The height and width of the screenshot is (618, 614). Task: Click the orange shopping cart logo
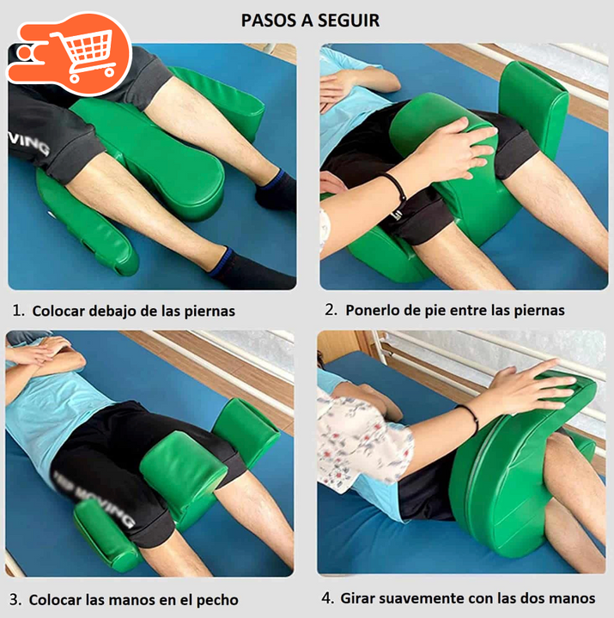[69, 53]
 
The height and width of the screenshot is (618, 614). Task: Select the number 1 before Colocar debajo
[16, 311]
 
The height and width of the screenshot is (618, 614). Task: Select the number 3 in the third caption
[15, 600]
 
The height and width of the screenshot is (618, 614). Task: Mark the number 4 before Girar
[326, 598]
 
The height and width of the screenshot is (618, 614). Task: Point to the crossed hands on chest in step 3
[44, 353]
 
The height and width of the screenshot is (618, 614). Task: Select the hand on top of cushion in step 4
[528, 388]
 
